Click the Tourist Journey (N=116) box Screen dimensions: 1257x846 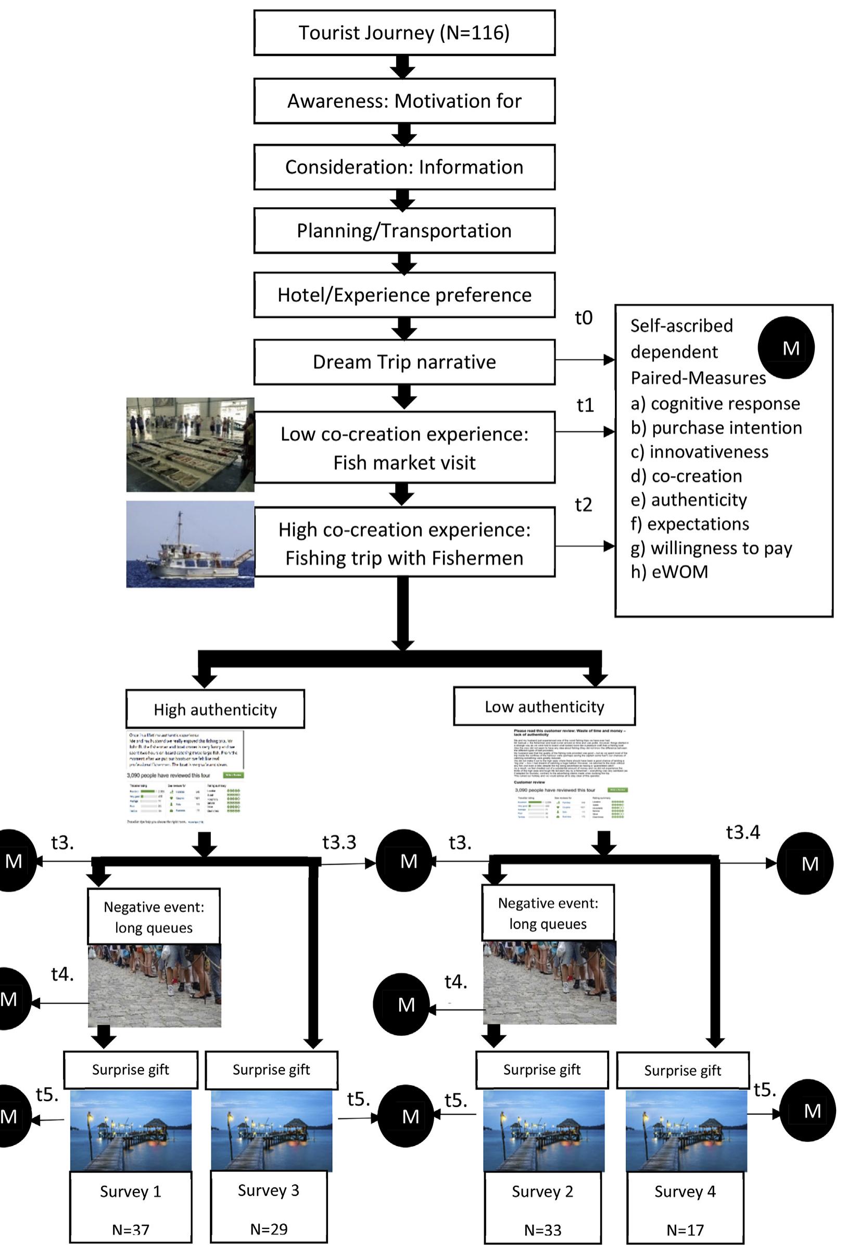click(404, 33)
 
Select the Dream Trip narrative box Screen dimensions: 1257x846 click(404, 362)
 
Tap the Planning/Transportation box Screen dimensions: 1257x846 click(404, 231)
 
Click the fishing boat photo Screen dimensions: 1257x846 click(190, 543)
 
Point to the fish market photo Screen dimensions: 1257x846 click(190, 445)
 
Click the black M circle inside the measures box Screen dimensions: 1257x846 click(786, 348)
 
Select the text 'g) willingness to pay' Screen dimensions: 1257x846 click(711, 548)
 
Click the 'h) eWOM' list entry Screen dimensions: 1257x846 click(669, 572)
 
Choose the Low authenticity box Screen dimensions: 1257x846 click(544, 706)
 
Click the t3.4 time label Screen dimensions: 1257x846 click(742, 833)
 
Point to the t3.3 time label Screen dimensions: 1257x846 click(339, 842)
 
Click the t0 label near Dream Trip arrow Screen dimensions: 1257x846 click(583, 318)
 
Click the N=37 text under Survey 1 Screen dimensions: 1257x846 click(131, 1229)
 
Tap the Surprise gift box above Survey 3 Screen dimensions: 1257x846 click(271, 1069)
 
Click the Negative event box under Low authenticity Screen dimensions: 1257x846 click(548, 912)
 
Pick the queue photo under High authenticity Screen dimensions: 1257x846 click(154, 985)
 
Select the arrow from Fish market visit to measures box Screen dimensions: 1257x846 click(584, 431)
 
